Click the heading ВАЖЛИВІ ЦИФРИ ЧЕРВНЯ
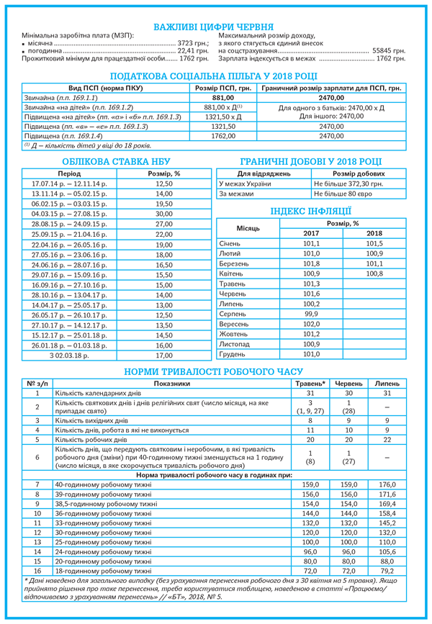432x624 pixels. point(216,27)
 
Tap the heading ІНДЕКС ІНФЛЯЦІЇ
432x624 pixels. point(310,210)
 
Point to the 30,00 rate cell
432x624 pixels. point(164,214)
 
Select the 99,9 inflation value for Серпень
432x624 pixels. point(311,314)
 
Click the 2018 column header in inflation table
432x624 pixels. point(374,233)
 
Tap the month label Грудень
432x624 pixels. point(234,354)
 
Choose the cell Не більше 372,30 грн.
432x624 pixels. point(348,184)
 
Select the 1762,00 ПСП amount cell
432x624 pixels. point(224,135)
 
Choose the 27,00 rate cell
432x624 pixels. point(164,224)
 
